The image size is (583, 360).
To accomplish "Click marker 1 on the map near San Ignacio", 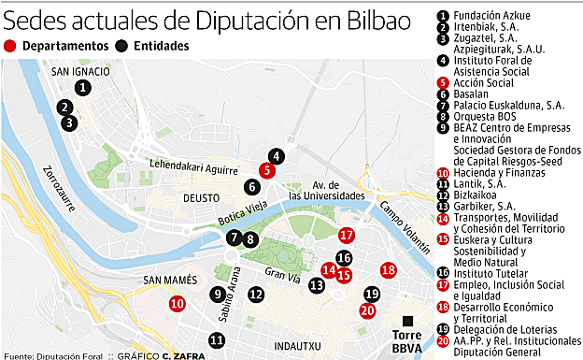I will pos(83,87).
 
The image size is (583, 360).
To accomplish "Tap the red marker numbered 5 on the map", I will pos(266,169).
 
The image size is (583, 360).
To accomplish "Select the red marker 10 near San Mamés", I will pos(178,303).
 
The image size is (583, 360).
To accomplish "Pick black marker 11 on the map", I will pos(217,340).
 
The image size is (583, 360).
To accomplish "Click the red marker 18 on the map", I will pos(389,270).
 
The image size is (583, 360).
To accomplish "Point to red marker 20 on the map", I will pos(367,310).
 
